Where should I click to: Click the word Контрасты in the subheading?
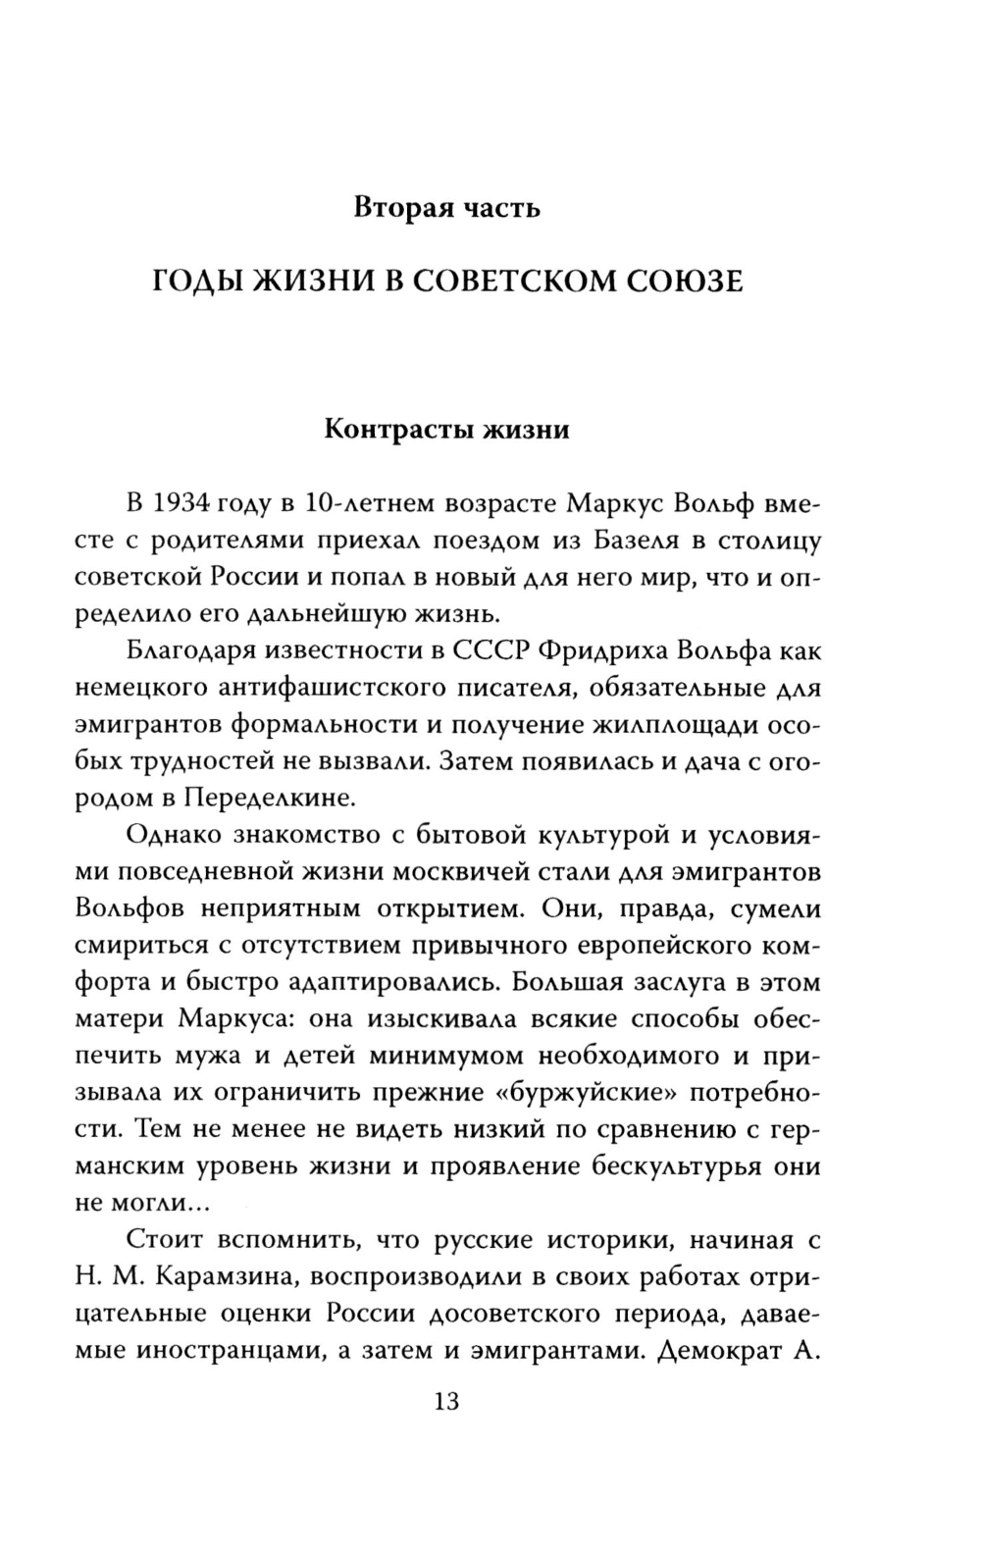coord(390,430)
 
